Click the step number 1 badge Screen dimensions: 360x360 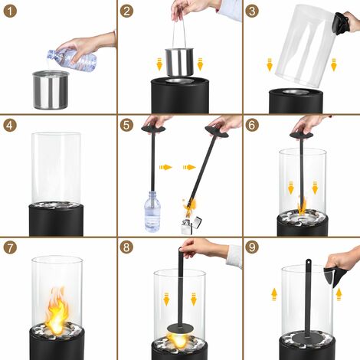pos(10,11)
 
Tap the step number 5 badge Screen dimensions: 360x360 pos(126,126)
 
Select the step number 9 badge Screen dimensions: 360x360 pos(252,247)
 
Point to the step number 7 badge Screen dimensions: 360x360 pos(10,248)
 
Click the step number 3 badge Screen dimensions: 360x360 pos(252,11)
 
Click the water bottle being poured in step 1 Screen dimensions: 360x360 pos(72,60)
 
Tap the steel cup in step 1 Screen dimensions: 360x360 pos(51,90)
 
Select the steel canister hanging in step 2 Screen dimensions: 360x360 pos(180,62)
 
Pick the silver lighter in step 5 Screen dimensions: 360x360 pos(191,225)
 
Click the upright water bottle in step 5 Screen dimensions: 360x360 pos(152,211)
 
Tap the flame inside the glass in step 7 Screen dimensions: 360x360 pos(57,310)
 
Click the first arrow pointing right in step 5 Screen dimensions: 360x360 pos(165,167)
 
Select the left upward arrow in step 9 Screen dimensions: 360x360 pos(274,294)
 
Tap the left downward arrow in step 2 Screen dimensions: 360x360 pos(159,64)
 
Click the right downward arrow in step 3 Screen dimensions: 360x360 pos(334,64)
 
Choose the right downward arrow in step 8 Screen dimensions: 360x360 pos(194,299)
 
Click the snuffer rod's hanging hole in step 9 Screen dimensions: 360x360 pos(309,262)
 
